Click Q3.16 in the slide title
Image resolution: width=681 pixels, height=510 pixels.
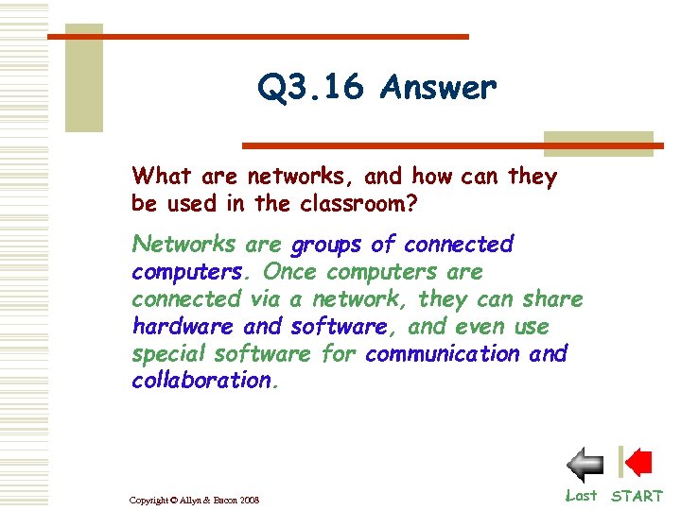(x=310, y=88)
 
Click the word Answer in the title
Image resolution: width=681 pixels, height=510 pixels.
(x=438, y=88)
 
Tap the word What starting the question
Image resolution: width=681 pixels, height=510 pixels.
(x=162, y=176)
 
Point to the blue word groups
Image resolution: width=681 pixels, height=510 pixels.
(x=326, y=245)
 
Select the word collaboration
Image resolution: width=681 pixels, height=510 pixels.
(x=201, y=381)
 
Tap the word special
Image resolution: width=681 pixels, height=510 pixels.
(x=169, y=354)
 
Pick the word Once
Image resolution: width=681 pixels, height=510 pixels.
(x=289, y=272)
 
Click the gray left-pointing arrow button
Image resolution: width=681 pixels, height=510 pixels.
(x=585, y=465)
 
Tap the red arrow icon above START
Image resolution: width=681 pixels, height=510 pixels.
(x=637, y=463)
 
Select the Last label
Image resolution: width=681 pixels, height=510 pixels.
(x=581, y=495)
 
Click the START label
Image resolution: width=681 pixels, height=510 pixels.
(x=637, y=496)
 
